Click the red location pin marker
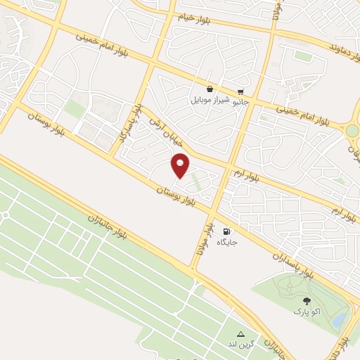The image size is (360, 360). point(180,166)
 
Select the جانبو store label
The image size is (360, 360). point(240,101)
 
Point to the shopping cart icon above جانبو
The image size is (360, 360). point(240,91)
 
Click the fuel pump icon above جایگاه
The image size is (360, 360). point(226,231)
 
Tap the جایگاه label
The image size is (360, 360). point(226,242)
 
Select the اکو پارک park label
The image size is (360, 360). point(305,310)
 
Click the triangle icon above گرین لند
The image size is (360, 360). point(240,334)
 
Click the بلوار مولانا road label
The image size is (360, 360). point(203,239)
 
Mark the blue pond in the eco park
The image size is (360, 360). point(340,320)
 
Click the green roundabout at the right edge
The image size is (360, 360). point(352,130)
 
